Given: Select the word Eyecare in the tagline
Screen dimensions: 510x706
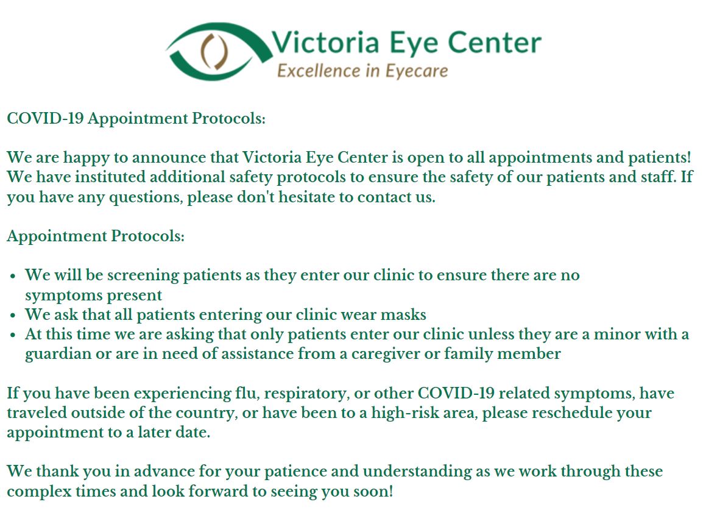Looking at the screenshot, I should click(x=417, y=71).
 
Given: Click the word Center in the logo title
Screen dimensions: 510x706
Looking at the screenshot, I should click(x=494, y=43).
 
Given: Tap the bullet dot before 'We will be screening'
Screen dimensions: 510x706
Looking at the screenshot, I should click(x=13, y=276).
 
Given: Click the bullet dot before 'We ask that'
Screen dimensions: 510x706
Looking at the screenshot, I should click(x=13, y=316).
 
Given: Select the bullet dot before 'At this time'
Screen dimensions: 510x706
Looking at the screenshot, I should click(x=13, y=335).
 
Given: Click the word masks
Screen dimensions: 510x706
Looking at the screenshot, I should click(x=401, y=315).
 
